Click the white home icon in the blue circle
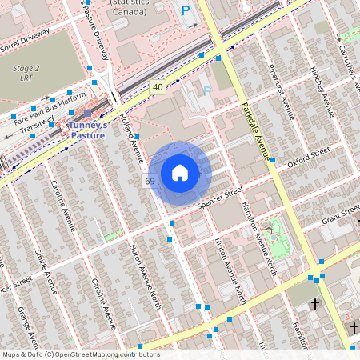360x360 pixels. point(180,173)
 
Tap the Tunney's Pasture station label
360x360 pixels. point(89,130)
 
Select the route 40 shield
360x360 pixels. point(157,86)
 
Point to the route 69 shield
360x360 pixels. point(150,182)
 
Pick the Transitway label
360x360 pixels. point(37,126)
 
